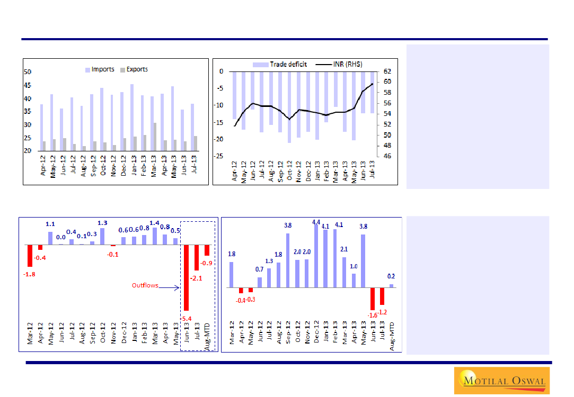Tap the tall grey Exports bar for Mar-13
click(154, 137)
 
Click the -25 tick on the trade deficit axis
click(218, 156)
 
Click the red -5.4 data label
click(186, 318)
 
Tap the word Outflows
click(145, 286)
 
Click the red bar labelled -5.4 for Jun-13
click(186, 277)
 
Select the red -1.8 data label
click(29, 274)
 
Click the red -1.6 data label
click(373, 315)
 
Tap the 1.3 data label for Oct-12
click(103, 223)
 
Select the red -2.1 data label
click(198, 277)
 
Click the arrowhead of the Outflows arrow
click(179, 288)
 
